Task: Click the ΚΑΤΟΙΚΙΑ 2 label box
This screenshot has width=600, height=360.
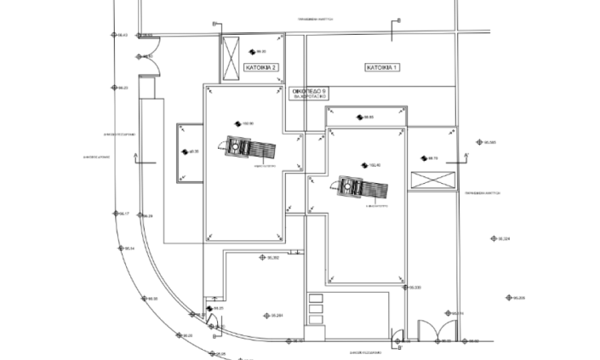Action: point(260,66)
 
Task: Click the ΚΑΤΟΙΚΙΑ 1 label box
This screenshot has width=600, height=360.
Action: point(382,66)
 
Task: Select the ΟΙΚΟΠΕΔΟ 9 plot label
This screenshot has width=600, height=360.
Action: point(310,92)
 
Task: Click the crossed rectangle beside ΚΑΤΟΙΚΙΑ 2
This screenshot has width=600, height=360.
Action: point(231,57)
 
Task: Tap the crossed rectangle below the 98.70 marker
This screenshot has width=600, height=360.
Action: point(431,180)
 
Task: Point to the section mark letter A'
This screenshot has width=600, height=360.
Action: point(466,154)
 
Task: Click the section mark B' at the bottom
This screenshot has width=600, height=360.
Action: point(400,347)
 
